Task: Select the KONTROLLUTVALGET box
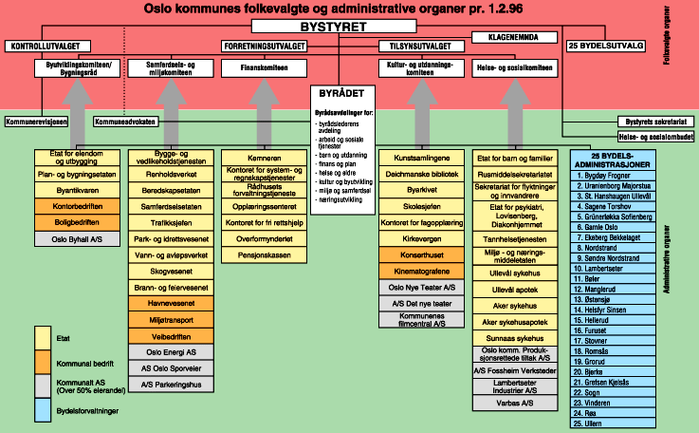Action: (43, 46)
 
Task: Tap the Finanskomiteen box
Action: (265, 68)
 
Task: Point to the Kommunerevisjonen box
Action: (36, 122)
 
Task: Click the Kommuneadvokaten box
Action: (125, 122)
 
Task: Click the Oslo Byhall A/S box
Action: (78, 240)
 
